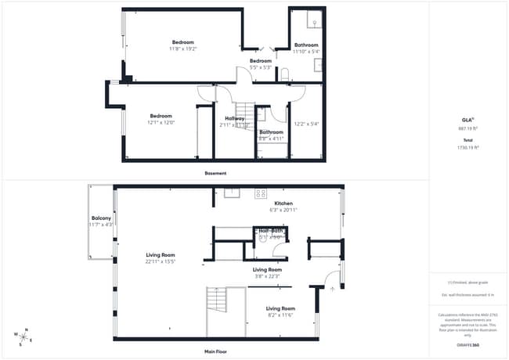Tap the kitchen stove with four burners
[x=260, y=193]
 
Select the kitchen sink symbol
[x=232, y=192]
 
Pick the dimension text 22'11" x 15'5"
[x=159, y=261]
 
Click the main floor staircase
[x=216, y=299]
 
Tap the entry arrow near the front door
[x=333, y=289]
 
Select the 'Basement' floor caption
[x=215, y=173]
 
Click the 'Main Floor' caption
[x=215, y=351]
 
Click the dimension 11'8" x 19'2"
[x=183, y=49]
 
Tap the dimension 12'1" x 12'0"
[x=161, y=122]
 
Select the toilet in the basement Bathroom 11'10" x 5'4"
[x=284, y=75]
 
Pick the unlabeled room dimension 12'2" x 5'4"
[x=306, y=123]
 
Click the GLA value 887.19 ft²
[x=467, y=128]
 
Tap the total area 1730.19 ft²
[x=467, y=146]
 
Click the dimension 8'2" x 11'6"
[x=280, y=315]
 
